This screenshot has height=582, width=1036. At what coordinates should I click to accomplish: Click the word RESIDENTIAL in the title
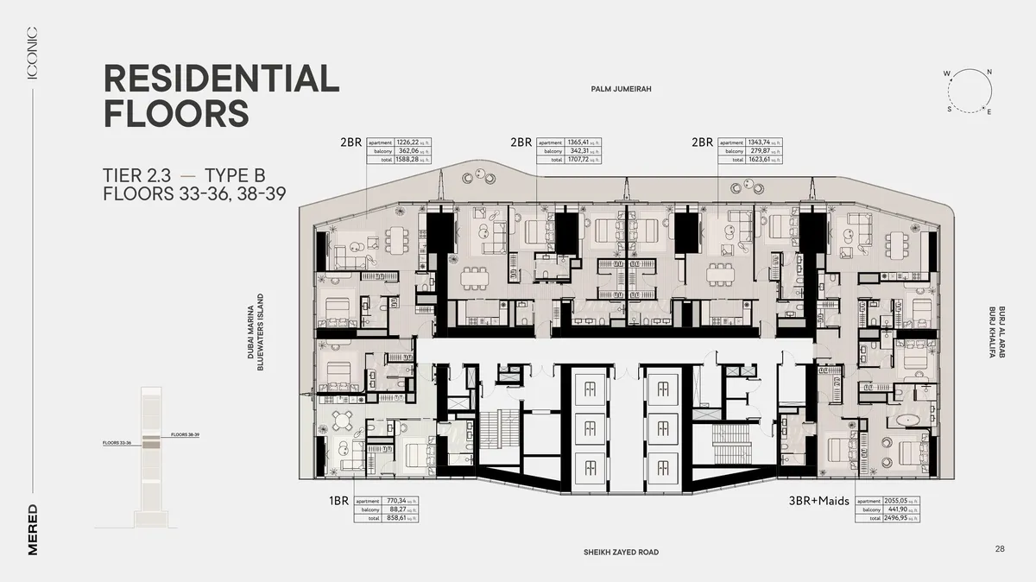(x=221, y=79)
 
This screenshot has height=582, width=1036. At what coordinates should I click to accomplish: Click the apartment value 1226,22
(x=407, y=142)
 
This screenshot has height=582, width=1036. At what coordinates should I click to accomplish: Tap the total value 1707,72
(x=576, y=160)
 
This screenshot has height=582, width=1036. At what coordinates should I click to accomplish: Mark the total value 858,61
(x=395, y=519)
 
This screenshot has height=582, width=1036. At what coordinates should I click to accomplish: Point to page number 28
(x=1000, y=548)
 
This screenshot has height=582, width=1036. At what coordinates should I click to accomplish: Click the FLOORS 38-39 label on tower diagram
(x=186, y=434)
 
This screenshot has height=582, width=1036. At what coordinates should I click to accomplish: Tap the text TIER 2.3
(x=141, y=175)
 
